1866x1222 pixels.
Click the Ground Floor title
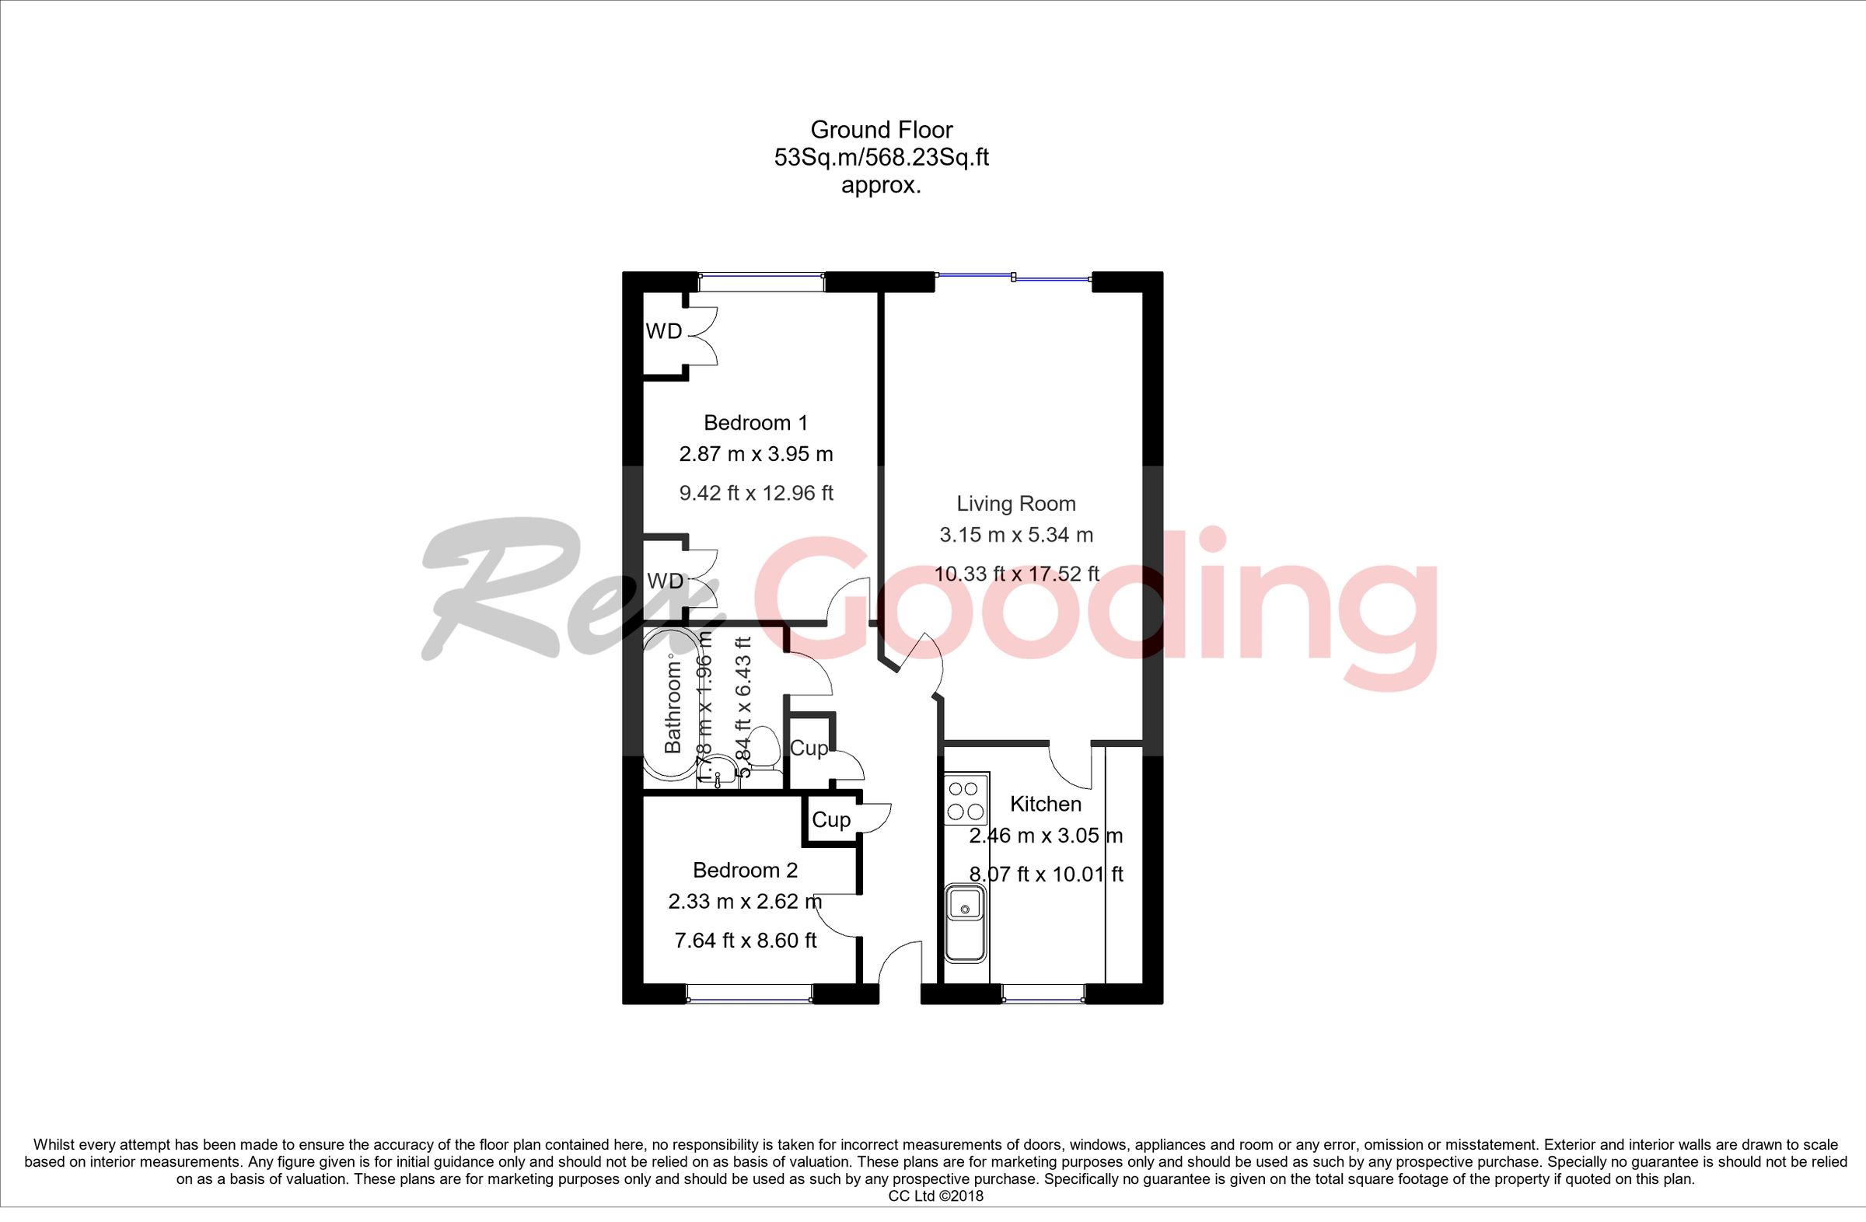click(x=881, y=129)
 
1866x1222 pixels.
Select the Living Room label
click(x=1015, y=503)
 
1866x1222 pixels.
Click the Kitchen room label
click(x=1045, y=805)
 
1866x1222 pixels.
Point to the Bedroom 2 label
click(x=745, y=870)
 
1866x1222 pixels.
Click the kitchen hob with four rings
click(x=966, y=801)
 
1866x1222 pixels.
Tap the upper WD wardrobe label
click(x=663, y=332)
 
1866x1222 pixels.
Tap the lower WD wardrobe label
click(x=665, y=581)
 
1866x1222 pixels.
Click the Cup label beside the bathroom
click(x=809, y=749)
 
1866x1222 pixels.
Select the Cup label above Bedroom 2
click(x=830, y=820)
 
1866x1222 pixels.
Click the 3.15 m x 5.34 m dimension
click(x=1016, y=536)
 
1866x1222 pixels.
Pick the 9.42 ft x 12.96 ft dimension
click(x=756, y=493)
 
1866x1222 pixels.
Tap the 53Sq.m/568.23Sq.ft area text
click(x=881, y=158)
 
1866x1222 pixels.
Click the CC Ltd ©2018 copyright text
click(x=935, y=1196)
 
